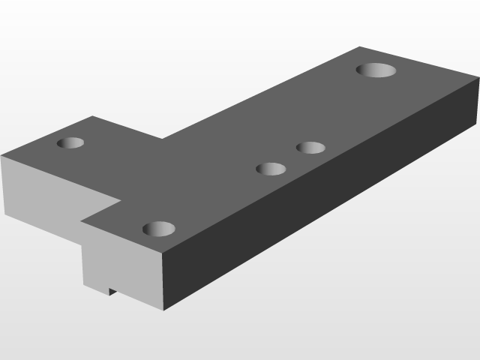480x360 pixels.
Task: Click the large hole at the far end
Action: pos(376,70)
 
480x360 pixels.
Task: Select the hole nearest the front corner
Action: pos(158,228)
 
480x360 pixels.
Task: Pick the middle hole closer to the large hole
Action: pos(310,147)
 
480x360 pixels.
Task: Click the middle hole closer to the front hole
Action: pos(271,169)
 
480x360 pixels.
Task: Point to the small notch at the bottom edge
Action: pos(112,291)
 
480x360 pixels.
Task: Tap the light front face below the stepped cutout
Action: pos(120,262)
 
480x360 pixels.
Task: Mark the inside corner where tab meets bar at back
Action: pos(161,139)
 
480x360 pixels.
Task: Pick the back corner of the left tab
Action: pos(92,116)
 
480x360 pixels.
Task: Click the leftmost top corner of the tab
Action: pos(1,156)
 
